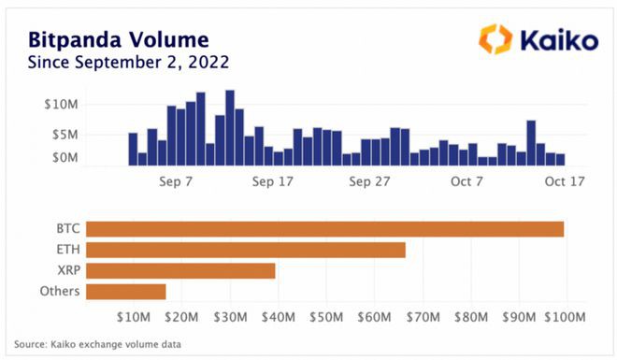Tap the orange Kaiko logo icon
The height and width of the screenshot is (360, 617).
495,39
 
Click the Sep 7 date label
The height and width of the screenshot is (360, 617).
176,181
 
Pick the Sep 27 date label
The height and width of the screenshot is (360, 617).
369,181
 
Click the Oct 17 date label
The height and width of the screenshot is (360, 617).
564,181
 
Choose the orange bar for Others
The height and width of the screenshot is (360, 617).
125,292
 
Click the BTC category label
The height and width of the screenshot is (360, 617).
66,229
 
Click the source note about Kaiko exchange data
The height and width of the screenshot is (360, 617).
97,344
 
